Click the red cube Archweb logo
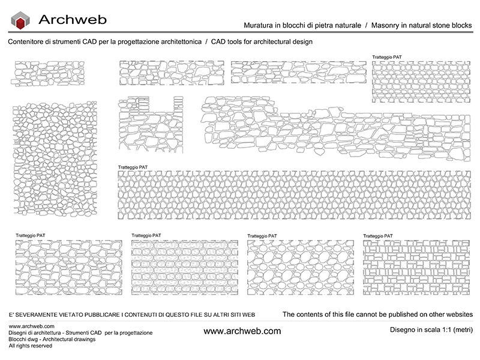click(x=22, y=22)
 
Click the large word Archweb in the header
click(x=73, y=20)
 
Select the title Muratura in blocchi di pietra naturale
click(x=302, y=26)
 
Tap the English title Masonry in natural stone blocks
click(x=422, y=26)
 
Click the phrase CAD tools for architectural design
click(x=262, y=42)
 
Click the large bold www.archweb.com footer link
click(x=242, y=331)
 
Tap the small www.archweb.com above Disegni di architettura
click(x=28, y=326)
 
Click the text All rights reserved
click(x=31, y=346)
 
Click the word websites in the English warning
click(x=456, y=314)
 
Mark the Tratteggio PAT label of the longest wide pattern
click(x=133, y=167)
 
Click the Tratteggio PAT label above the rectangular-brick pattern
click(x=379, y=236)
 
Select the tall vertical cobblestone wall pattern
click(x=55, y=158)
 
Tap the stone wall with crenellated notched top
click(x=151, y=124)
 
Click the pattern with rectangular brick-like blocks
click(x=416, y=268)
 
